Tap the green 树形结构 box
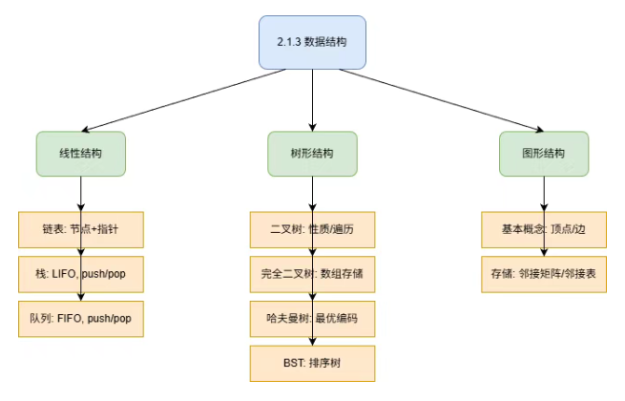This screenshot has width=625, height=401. click(x=312, y=153)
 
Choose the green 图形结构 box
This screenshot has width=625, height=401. click(x=544, y=153)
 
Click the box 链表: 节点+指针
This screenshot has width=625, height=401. click(x=80, y=230)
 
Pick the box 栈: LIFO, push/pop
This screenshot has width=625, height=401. click(x=80, y=274)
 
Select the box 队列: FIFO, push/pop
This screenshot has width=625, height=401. click(x=80, y=318)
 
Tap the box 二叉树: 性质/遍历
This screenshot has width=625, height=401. click(x=312, y=230)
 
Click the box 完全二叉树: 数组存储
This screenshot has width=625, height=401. click(x=312, y=274)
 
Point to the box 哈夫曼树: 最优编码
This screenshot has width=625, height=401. click(x=312, y=318)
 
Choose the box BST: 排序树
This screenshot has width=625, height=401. click(x=312, y=363)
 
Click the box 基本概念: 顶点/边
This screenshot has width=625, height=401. click(x=544, y=230)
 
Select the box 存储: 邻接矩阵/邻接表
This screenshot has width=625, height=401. click(x=544, y=274)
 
